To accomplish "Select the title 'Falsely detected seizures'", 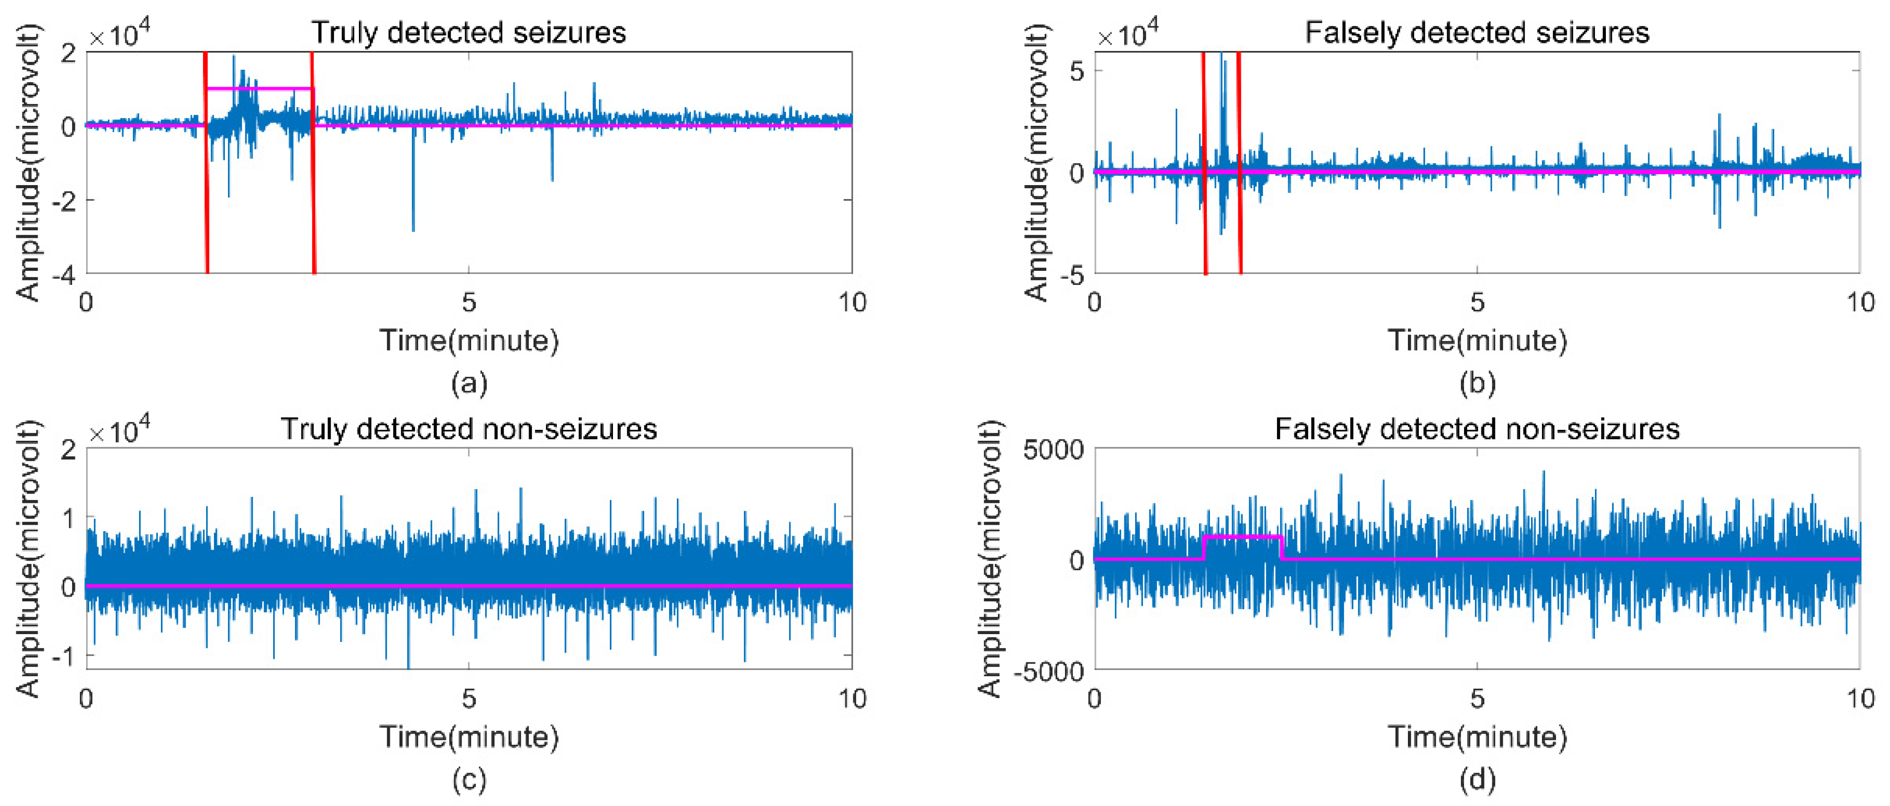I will [x=1476, y=32].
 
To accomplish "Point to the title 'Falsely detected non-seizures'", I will [x=1476, y=429].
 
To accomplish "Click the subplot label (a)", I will [x=469, y=383].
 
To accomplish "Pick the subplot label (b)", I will [x=1477, y=383].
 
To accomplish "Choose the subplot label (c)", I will [x=469, y=780].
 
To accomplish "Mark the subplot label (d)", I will [x=1477, y=780].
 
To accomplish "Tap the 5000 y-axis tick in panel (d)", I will [x=1053, y=449].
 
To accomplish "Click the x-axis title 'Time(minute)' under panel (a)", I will [x=469, y=341].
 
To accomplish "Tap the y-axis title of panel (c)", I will [x=28, y=559].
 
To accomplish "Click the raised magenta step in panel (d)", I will [x=1243, y=537].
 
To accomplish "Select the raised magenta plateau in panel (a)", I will [x=260, y=89].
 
